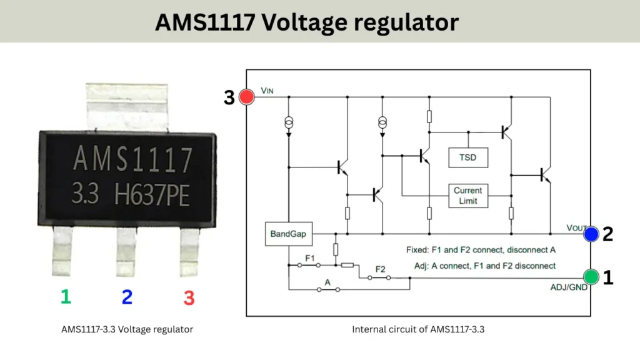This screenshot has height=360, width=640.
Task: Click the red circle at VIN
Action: (247, 97)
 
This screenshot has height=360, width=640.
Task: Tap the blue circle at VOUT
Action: (591, 234)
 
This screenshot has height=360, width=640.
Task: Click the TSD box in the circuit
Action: (467, 157)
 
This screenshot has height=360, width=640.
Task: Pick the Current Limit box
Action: (467, 196)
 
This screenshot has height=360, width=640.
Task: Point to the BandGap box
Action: (288, 234)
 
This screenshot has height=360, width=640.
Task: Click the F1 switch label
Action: (310, 257)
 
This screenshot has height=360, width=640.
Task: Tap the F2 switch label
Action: (380, 270)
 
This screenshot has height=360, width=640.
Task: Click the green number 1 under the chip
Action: (66, 296)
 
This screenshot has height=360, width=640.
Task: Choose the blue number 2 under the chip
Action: (127, 296)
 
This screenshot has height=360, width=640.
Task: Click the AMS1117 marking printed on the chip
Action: (133, 160)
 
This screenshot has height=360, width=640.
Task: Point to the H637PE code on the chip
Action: (152, 196)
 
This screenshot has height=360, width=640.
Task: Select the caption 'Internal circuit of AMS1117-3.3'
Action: (418, 329)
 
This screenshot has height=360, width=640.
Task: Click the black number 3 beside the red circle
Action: (229, 97)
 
